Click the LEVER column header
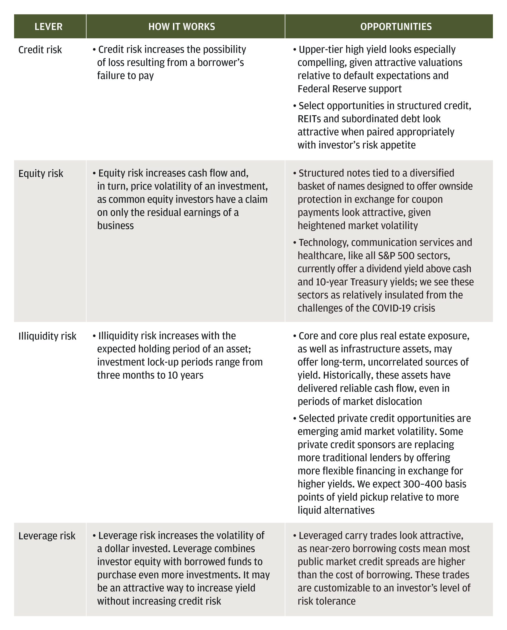tap(48, 26)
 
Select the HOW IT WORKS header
tap(182, 26)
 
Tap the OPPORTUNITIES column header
tap(396, 26)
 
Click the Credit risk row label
tap(40, 50)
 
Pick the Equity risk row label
tap(41, 174)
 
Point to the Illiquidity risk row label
tap(47, 336)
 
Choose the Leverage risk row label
tap(47, 536)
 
